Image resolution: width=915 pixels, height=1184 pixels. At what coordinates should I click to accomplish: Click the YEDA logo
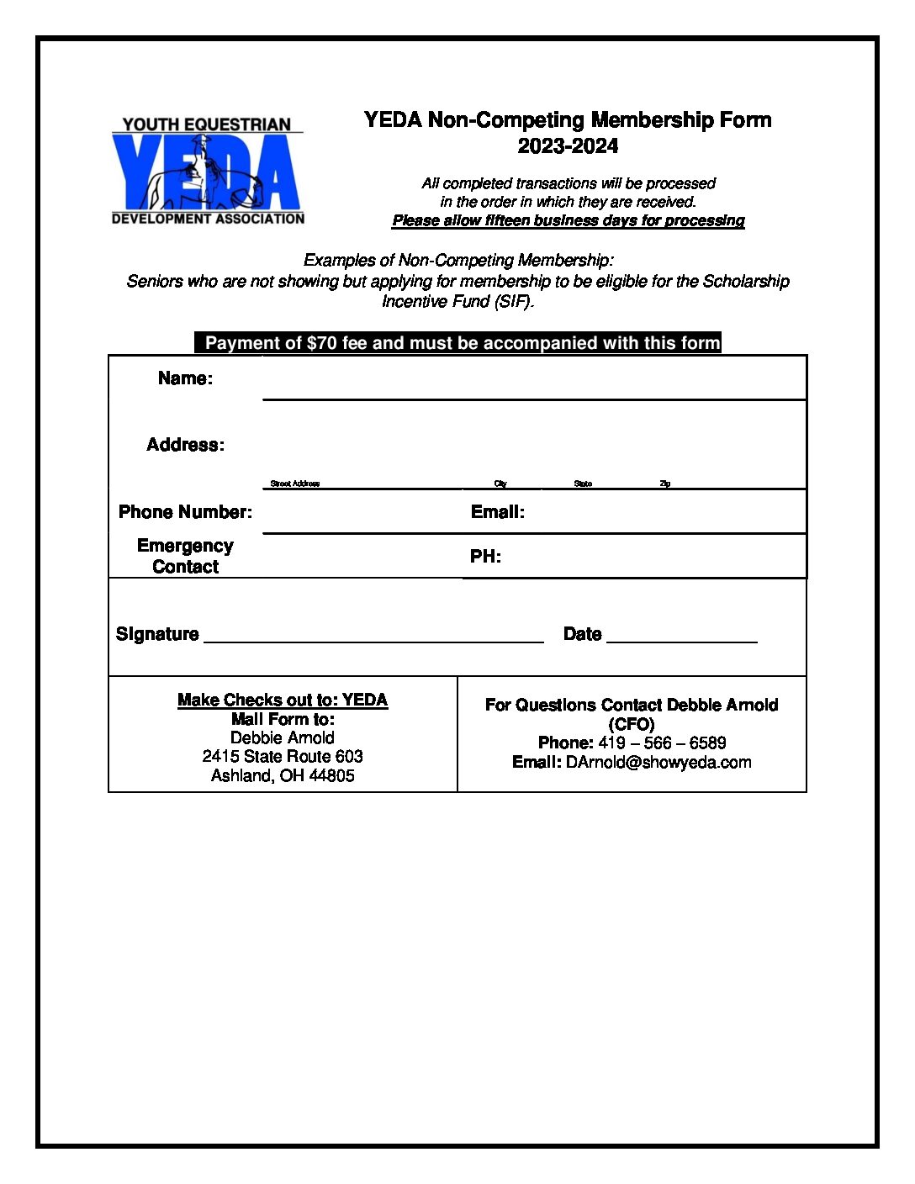pyautogui.click(x=208, y=172)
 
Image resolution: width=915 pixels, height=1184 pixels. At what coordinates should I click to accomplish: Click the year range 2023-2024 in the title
pyautogui.click(x=568, y=146)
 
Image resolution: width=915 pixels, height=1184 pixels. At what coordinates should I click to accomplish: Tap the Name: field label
pyautogui.click(x=185, y=378)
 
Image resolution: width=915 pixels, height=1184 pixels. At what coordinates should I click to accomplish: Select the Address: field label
pyautogui.click(x=185, y=445)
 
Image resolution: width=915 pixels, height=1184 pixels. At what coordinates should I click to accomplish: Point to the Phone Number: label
pyautogui.click(x=185, y=512)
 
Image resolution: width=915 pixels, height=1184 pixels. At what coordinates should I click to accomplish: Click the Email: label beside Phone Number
pyautogui.click(x=497, y=512)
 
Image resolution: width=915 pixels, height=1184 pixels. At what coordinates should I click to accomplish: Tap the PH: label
pyautogui.click(x=485, y=557)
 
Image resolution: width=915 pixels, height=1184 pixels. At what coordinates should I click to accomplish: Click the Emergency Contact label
pyautogui.click(x=185, y=557)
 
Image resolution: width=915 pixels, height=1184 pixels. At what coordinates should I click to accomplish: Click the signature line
pyautogui.click(x=373, y=639)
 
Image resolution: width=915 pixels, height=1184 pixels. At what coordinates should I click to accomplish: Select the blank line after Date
pyautogui.click(x=681, y=639)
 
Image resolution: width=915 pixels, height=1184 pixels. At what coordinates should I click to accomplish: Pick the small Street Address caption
pyautogui.click(x=294, y=484)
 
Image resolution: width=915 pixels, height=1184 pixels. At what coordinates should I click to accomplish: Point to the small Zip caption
pyautogui.click(x=664, y=484)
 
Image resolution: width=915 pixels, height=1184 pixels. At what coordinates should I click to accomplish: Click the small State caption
pyautogui.click(x=583, y=484)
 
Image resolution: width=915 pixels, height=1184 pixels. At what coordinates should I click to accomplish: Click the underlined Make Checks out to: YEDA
pyautogui.click(x=283, y=700)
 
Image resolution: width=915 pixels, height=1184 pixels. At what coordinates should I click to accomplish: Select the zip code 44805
pyautogui.click(x=331, y=775)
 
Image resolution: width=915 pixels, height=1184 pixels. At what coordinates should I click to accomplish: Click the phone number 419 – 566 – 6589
pyautogui.click(x=662, y=743)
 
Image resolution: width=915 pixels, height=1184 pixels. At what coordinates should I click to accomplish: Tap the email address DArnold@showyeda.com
pyautogui.click(x=658, y=763)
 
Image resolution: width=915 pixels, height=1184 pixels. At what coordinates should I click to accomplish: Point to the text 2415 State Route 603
pyautogui.click(x=283, y=757)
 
